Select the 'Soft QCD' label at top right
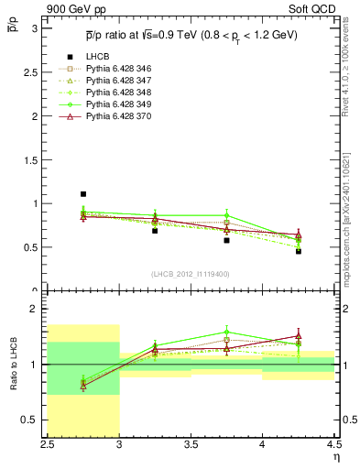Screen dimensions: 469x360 click(x=309, y=8)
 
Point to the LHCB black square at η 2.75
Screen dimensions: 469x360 click(x=83, y=194)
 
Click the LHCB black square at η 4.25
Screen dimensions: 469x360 click(x=298, y=251)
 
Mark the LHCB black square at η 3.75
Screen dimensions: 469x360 click(x=226, y=240)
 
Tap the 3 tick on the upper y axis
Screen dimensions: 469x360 click(x=38, y=28)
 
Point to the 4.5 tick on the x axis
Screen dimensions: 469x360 click(x=333, y=445)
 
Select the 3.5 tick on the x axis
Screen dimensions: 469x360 click(x=191, y=445)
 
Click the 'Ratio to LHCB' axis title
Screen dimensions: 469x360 click(x=12, y=365)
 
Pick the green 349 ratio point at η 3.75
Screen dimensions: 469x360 click(x=226, y=333)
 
